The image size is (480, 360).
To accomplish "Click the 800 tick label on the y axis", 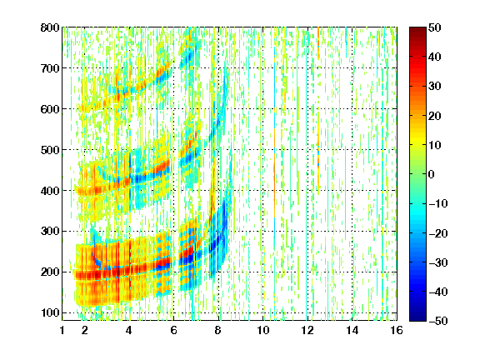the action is (x=50, y=27).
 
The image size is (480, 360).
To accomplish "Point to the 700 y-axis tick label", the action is (x=50, y=68).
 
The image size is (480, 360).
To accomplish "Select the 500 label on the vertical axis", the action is (x=50, y=150).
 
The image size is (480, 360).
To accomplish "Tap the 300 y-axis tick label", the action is (x=50, y=232).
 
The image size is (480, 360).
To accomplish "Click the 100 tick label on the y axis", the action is (x=50, y=312).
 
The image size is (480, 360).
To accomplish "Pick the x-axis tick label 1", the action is (x=62, y=330).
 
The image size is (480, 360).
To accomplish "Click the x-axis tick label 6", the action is (x=173, y=330).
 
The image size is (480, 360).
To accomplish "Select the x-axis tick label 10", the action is (x=263, y=330).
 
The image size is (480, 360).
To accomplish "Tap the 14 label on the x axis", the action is (x=352, y=330).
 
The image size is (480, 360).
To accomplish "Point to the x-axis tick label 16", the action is (x=397, y=330).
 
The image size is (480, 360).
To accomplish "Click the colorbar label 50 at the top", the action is (x=434, y=27).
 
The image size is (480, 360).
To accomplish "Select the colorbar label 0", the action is (x=432, y=174).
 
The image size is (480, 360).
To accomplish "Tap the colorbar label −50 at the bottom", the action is (x=438, y=321).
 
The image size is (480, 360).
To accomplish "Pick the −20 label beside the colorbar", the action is (x=438, y=233).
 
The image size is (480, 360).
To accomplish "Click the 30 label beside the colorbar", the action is (x=434, y=87).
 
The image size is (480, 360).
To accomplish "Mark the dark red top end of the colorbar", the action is (x=417, y=30).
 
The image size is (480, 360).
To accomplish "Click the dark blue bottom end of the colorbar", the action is (x=417, y=318).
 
